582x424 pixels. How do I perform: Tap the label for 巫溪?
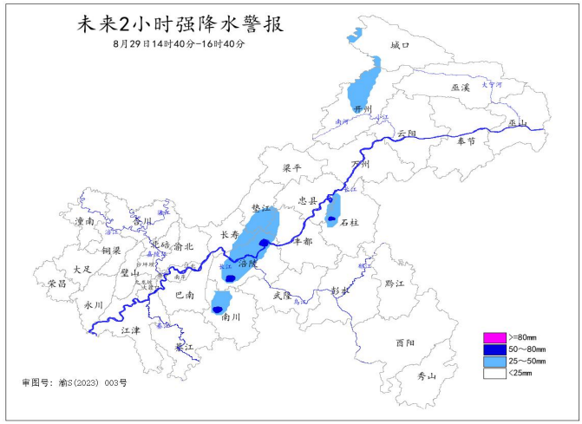[x=461, y=88]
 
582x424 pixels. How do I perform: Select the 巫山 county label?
[x=519, y=123]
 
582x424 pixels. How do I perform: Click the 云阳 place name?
[x=407, y=134]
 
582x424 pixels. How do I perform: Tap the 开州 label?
[x=363, y=108]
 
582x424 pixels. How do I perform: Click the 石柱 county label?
[x=350, y=222]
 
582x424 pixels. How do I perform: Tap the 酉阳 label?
[x=404, y=342]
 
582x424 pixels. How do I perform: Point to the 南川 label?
[x=231, y=317]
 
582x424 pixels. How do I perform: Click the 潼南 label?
[x=85, y=222]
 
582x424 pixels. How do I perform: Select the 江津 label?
[x=130, y=330]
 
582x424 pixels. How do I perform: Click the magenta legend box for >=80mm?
[x=494, y=336]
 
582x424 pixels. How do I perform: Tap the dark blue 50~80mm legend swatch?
[x=494, y=349]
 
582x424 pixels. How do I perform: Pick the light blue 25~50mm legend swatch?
[x=494, y=361]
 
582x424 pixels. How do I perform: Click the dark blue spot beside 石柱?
[x=331, y=220]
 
